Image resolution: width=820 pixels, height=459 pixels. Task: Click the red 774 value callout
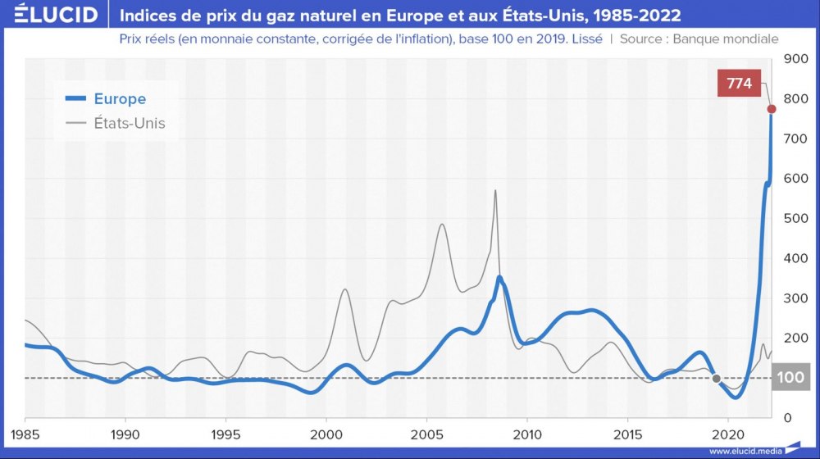pos(739,83)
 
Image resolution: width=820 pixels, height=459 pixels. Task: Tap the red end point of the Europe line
pos(772,109)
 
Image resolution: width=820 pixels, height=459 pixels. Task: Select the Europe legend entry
pos(120,99)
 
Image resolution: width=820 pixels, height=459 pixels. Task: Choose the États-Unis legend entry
pos(129,123)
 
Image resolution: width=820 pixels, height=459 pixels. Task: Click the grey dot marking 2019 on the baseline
pos(717,379)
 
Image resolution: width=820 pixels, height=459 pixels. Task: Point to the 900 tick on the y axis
pos(796,59)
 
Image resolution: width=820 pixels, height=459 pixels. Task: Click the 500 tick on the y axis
pos(796,219)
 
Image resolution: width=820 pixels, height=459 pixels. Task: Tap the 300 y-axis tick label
pos(796,298)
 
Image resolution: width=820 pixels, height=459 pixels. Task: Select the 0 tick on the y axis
pos(790,418)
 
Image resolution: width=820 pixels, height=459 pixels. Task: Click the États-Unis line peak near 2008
pos(495,191)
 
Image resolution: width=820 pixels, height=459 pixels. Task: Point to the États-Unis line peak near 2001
pos(345,289)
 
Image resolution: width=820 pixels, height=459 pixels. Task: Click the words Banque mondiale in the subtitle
pos(726,39)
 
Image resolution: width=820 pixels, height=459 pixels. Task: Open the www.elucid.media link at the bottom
pos(744,451)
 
